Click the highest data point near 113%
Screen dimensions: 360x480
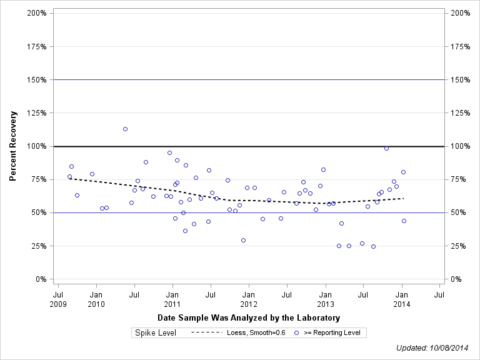coord(125,129)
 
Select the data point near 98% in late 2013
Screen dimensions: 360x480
coord(386,148)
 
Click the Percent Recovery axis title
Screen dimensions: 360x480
coord(13,146)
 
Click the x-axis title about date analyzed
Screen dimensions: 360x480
coord(249,318)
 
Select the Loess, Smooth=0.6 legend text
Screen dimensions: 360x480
coord(256,332)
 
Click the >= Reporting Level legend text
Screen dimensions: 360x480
coord(332,332)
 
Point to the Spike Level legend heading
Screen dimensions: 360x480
coord(156,332)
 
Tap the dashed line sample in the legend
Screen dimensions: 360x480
coord(206,332)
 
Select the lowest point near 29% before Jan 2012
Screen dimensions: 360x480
coord(243,240)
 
